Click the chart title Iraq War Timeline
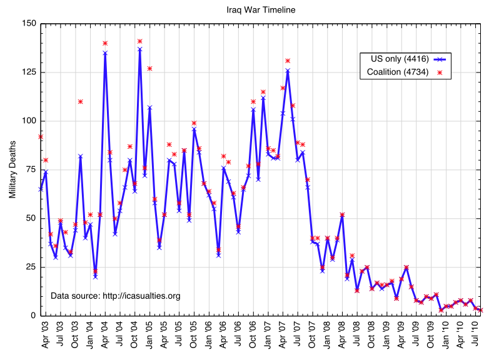click(261, 9)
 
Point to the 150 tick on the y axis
click(29, 24)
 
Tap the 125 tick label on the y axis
click(29, 72)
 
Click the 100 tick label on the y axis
click(29, 121)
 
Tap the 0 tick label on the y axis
click(34, 316)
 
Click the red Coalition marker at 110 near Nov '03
click(81, 101)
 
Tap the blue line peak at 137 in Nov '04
click(139, 49)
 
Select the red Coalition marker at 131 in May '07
click(288, 61)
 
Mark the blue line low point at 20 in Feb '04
click(95, 276)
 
